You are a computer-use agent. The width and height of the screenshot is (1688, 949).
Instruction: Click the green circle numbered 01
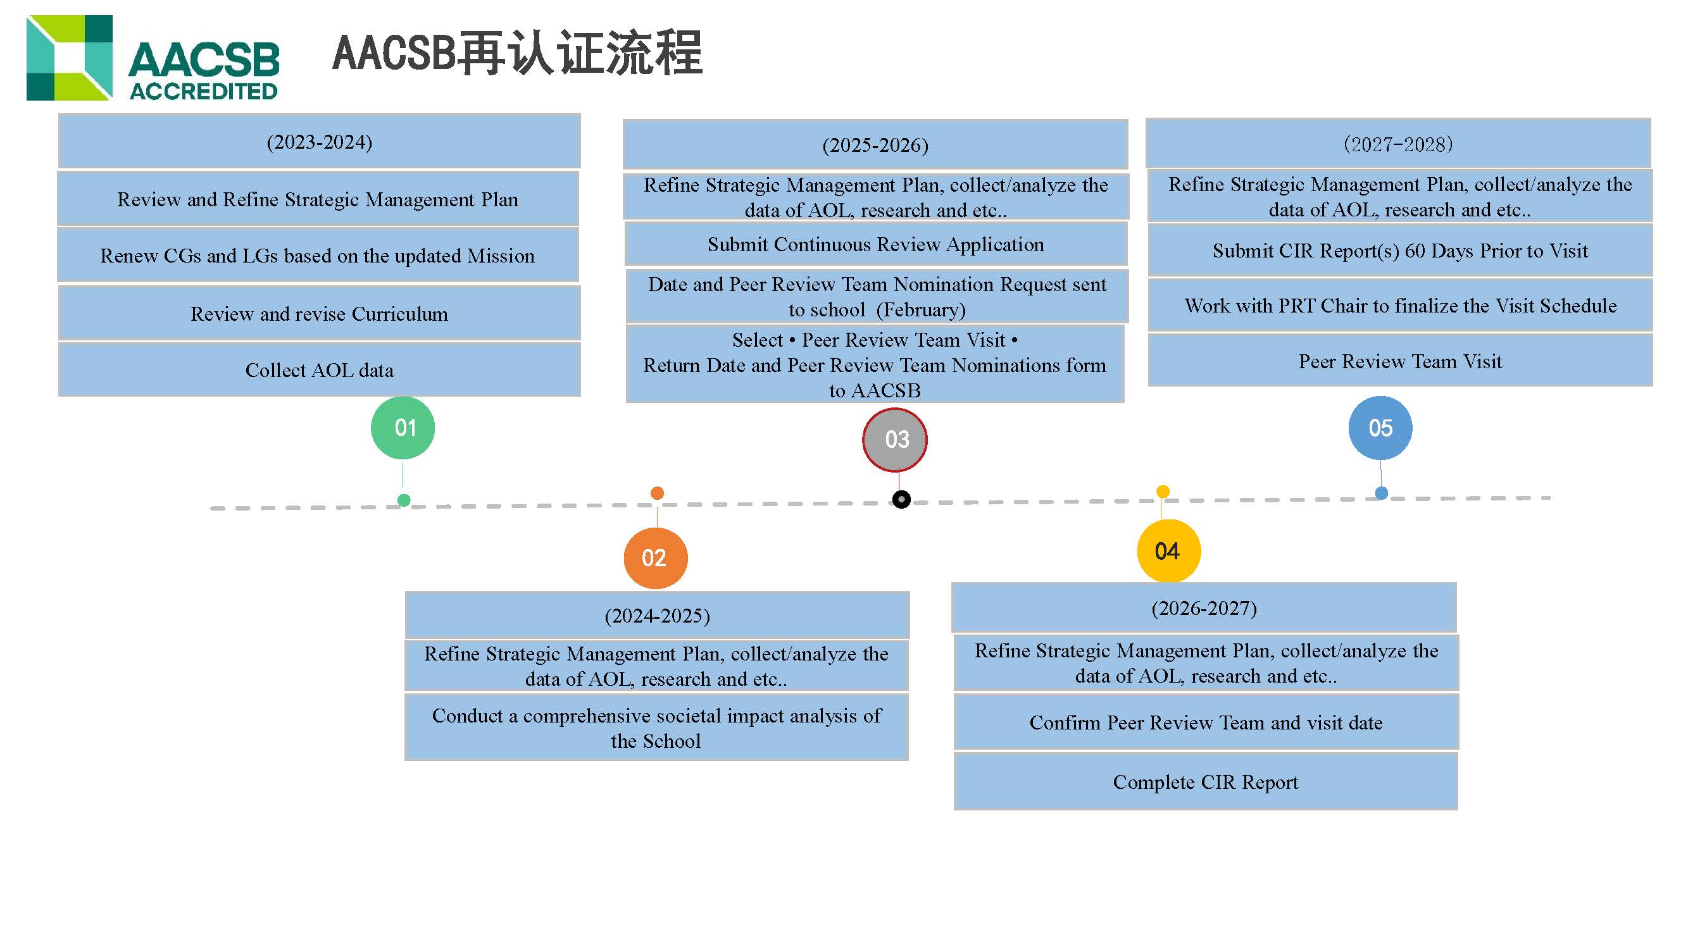click(x=403, y=428)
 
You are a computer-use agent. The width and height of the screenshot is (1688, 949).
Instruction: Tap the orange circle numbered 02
click(x=654, y=558)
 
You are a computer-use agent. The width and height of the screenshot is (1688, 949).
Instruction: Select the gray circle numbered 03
click(x=895, y=440)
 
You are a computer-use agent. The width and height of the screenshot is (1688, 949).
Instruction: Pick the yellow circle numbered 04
click(x=1168, y=551)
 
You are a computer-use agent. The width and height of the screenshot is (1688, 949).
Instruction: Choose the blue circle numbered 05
click(x=1380, y=428)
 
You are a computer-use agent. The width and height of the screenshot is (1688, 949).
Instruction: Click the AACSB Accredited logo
click(x=153, y=58)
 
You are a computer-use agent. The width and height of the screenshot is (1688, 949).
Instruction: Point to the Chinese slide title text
click(x=518, y=53)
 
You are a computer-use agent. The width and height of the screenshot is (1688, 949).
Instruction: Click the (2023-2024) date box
click(x=319, y=142)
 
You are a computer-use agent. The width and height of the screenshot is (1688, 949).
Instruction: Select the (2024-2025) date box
click(x=656, y=615)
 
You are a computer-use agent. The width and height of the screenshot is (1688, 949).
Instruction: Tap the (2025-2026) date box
click(x=875, y=145)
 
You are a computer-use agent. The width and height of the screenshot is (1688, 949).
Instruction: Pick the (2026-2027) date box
click(x=1204, y=608)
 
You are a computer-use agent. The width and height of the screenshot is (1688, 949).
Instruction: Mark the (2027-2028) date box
click(x=1397, y=144)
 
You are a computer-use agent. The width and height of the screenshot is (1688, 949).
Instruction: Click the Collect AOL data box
click(x=319, y=370)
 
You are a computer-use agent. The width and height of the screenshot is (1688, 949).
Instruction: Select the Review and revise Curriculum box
click(x=319, y=314)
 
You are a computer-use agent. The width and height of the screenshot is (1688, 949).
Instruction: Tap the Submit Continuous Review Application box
click(x=875, y=244)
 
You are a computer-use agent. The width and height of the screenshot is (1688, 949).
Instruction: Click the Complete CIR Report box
click(x=1205, y=781)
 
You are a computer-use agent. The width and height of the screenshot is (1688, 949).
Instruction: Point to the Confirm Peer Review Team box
click(x=1206, y=722)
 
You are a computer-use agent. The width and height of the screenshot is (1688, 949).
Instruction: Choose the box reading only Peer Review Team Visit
click(x=1399, y=361)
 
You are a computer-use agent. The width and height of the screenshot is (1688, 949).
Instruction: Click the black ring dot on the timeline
click(x=901, y=500)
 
